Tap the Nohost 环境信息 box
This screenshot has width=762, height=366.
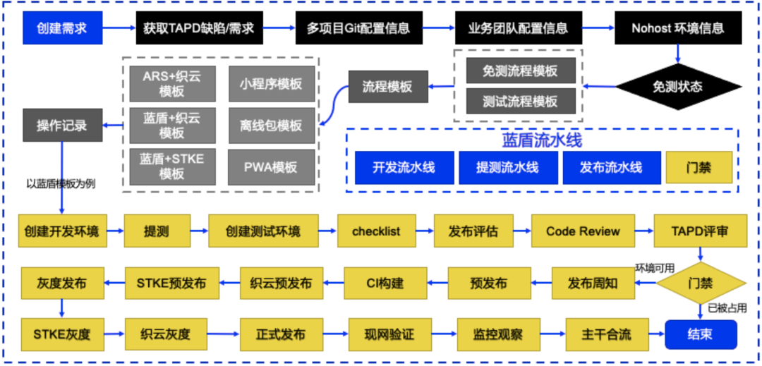[678, 29]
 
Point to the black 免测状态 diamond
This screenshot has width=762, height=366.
[678, 87]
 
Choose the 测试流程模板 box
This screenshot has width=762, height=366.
[521, 102]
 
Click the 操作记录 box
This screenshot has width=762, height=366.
[62, 126]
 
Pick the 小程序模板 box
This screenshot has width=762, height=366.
[271, 84]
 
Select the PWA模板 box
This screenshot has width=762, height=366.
[271, 167]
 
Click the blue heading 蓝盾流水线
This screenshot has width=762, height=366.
[542, 140]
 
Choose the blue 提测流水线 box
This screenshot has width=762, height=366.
[507, 168]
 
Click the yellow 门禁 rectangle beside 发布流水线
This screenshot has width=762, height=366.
[699, 168]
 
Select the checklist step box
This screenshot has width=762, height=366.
[377, 231]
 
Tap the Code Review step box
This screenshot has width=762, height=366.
[583, 231]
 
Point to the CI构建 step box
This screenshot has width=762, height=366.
[385, 283]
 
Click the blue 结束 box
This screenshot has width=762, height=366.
[700, 334]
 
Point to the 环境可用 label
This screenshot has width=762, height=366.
[655, 267]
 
